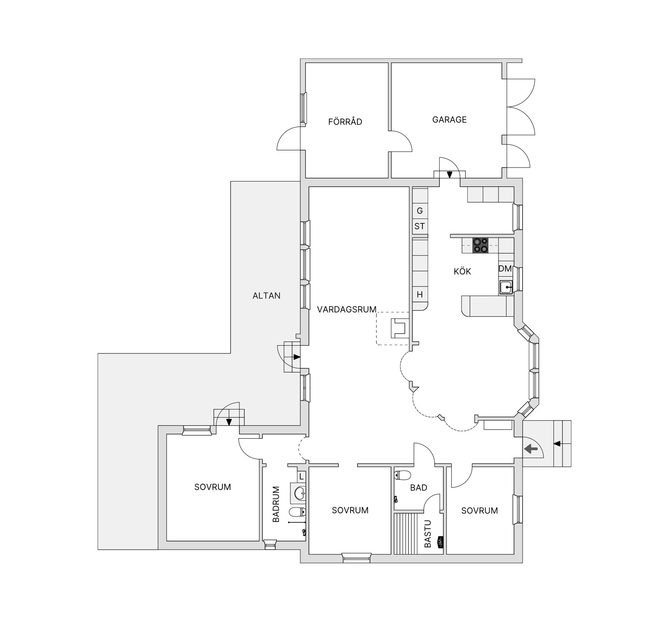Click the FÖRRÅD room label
click(x=345, y=122)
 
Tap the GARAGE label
click(x=449, y=120)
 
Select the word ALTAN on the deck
click(x=266, y=296)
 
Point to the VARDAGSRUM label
click(x=347, y=309)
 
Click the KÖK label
click(x=462, y=271)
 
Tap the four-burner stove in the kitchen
click(x=480, y=245)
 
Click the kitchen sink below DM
click(x=506, y=287)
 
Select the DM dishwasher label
click(x=505, y=269)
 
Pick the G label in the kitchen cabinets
click(x=420, y=211)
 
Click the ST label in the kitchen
click(x=419, y=226)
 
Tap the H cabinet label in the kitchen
click(x=420, y=295)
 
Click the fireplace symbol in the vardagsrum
click(x=399, y=328)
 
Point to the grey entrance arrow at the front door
click(x=531, y=449)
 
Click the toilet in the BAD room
click(x=403, y=475)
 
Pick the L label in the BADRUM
click(x=301, y=476)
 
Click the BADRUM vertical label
click(x=276, y=504)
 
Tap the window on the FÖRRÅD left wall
click(x=303, y=108)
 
